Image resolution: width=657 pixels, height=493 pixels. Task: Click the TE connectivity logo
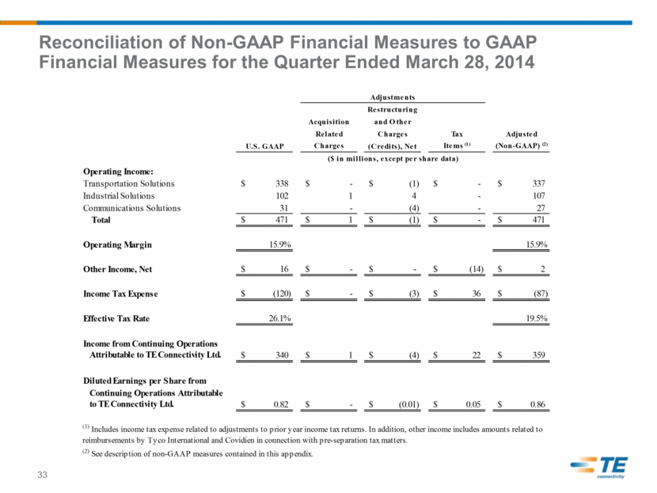[x=598, y=467]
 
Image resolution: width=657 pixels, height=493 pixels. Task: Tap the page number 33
[x=42, y=475]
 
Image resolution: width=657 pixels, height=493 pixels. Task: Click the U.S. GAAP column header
[x=264, y=146]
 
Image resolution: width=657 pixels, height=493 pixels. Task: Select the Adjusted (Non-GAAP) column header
[x=521, y=140]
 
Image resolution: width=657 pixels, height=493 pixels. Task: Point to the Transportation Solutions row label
[x=129, y=184]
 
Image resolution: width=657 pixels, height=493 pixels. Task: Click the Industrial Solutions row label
[x=119, y=195]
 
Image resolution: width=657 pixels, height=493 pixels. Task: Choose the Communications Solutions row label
[x=131, y=208]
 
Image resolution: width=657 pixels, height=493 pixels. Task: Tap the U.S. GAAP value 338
[x=282, y=184]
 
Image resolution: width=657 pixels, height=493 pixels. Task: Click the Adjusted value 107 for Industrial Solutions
[x=539, y=195]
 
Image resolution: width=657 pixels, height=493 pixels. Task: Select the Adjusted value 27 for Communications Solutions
[x=541, y=208]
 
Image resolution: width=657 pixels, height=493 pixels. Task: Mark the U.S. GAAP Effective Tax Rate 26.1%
[x=280, y=318]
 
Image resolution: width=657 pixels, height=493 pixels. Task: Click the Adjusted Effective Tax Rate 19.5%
[x=537, y=318]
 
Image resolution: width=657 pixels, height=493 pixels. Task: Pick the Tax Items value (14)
[x=477, y=269]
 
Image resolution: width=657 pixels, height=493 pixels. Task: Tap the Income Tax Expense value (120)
[x=282, y=294]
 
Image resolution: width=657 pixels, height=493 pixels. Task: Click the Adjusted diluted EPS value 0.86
[x=537, y=404]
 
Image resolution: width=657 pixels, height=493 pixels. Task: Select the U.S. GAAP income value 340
[x=282, y=355]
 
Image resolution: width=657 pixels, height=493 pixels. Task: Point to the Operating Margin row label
[x=117, y=245]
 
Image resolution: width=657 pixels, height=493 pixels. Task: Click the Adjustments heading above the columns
[x=393, y=97]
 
